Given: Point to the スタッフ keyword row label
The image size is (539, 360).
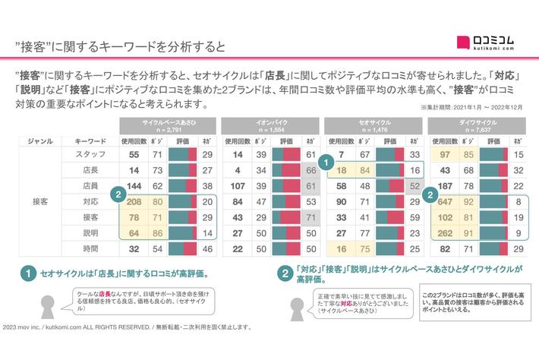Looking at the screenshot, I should coord(90,154).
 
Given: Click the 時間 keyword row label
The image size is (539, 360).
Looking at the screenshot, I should coord(90,248).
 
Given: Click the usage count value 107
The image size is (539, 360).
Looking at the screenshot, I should coord(238,185).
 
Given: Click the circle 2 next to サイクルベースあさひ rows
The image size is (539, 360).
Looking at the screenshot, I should coord(118,195).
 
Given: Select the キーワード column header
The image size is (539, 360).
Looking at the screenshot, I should coord(90,141).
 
